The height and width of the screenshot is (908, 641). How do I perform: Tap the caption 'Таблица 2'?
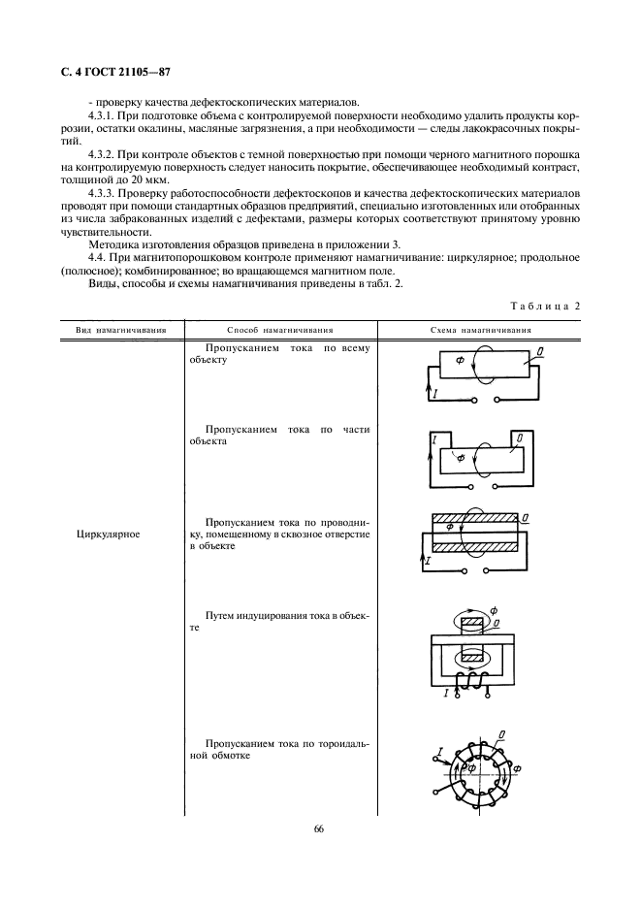click(x=544, y=306)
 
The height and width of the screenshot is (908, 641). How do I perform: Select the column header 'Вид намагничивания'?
click(x=121, y=330)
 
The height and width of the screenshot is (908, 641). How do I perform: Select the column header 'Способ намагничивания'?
click(x=279, y=330)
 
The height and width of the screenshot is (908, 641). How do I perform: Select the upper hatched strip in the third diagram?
click(x=473, y=518)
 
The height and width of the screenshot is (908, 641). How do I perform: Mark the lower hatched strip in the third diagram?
click(x=473, y=548)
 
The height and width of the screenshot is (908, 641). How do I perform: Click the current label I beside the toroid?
click(x=440, y=752)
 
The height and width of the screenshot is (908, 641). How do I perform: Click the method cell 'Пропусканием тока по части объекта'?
click(x=279, y=435)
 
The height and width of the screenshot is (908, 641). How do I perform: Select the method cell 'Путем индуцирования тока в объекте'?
click(x=279, y=622)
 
